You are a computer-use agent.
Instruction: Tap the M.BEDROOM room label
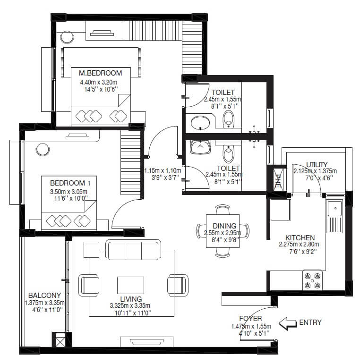pos(100,73)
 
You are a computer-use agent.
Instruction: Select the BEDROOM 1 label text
pos(69,183)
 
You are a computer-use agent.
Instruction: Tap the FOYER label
pos(250,319)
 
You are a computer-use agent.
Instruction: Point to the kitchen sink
pos(335,208)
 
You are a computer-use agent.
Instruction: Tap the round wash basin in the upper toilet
pos(202,124)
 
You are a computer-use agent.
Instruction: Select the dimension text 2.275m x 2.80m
pos(299,245)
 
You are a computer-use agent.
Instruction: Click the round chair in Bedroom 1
pos(43,149)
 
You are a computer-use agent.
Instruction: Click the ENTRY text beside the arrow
pos(310,323)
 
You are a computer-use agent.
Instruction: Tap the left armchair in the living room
pos(90,285)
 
